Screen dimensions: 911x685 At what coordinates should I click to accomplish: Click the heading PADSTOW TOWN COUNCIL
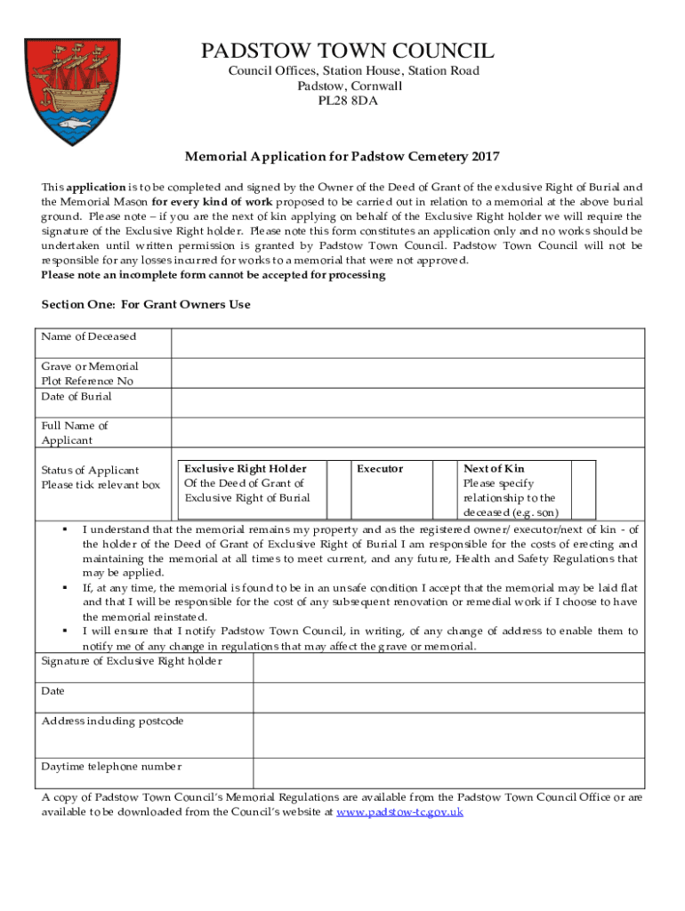pos(348,51)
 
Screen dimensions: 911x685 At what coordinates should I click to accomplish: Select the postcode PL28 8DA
pos(348,101)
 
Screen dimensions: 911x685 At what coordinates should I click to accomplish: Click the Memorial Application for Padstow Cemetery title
pos(342,157)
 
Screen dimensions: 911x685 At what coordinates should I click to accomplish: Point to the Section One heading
pos(146,304)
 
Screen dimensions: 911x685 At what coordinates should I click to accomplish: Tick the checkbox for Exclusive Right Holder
pos(338,488)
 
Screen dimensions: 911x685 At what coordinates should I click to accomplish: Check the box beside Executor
pos(444,488)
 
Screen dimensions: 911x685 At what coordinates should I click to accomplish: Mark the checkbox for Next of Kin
pos(583,488)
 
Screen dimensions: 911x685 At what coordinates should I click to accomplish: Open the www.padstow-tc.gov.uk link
pos(400,812)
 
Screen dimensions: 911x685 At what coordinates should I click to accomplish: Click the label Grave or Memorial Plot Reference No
pos(90,374)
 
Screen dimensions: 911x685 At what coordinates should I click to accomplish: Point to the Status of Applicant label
pos(90,470)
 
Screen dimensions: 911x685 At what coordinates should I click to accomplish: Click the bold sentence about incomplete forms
pos(214,276)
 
